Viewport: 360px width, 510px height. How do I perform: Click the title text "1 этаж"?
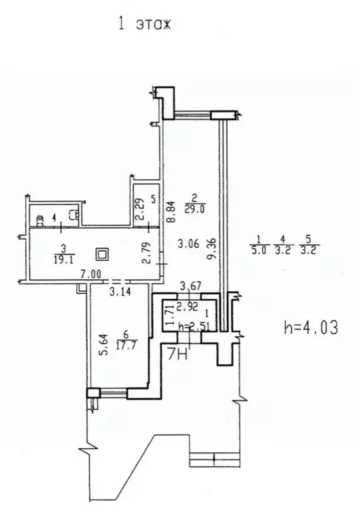(144, 25)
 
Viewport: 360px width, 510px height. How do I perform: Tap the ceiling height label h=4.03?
(311, 327)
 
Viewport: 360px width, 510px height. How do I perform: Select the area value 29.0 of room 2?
(194, 209)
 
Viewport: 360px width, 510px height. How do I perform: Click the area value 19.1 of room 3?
(63, 259)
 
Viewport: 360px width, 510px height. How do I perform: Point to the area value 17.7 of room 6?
(126, 344)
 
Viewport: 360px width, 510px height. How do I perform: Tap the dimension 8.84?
(171, 211)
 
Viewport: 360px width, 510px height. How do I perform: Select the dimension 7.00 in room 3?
(90, 274)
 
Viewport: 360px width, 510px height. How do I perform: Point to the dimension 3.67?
(191, 287)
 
